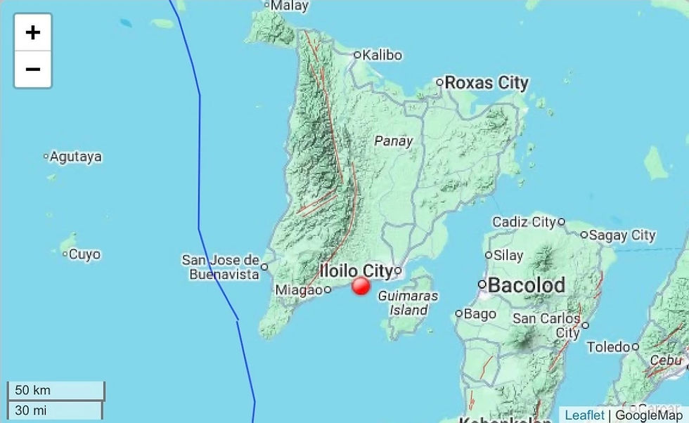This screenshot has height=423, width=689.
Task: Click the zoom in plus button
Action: (33, 32)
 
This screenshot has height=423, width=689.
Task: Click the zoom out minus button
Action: (33, 70)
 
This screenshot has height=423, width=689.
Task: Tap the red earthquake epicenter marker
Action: (361, 286)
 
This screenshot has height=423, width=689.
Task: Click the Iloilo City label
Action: (355, 271)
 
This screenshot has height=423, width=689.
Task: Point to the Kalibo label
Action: (382, 55)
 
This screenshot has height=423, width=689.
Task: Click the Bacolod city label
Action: (527, 285)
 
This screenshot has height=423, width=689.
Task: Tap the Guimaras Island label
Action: (408, 303)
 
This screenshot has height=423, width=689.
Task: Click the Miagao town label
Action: (298, 289)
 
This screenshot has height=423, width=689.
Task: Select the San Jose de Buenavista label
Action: (221, 267)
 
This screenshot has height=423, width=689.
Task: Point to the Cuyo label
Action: (84, 254)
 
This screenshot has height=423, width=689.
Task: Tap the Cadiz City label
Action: (524, 222)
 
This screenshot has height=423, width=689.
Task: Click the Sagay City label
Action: (622, 236)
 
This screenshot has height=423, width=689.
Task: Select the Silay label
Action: (508, 256)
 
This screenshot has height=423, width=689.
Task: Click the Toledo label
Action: (608, 346)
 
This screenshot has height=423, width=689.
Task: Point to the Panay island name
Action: (394, 141)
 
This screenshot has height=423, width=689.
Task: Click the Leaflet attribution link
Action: (584, 415)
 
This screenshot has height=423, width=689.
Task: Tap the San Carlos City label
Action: (546, 325)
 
